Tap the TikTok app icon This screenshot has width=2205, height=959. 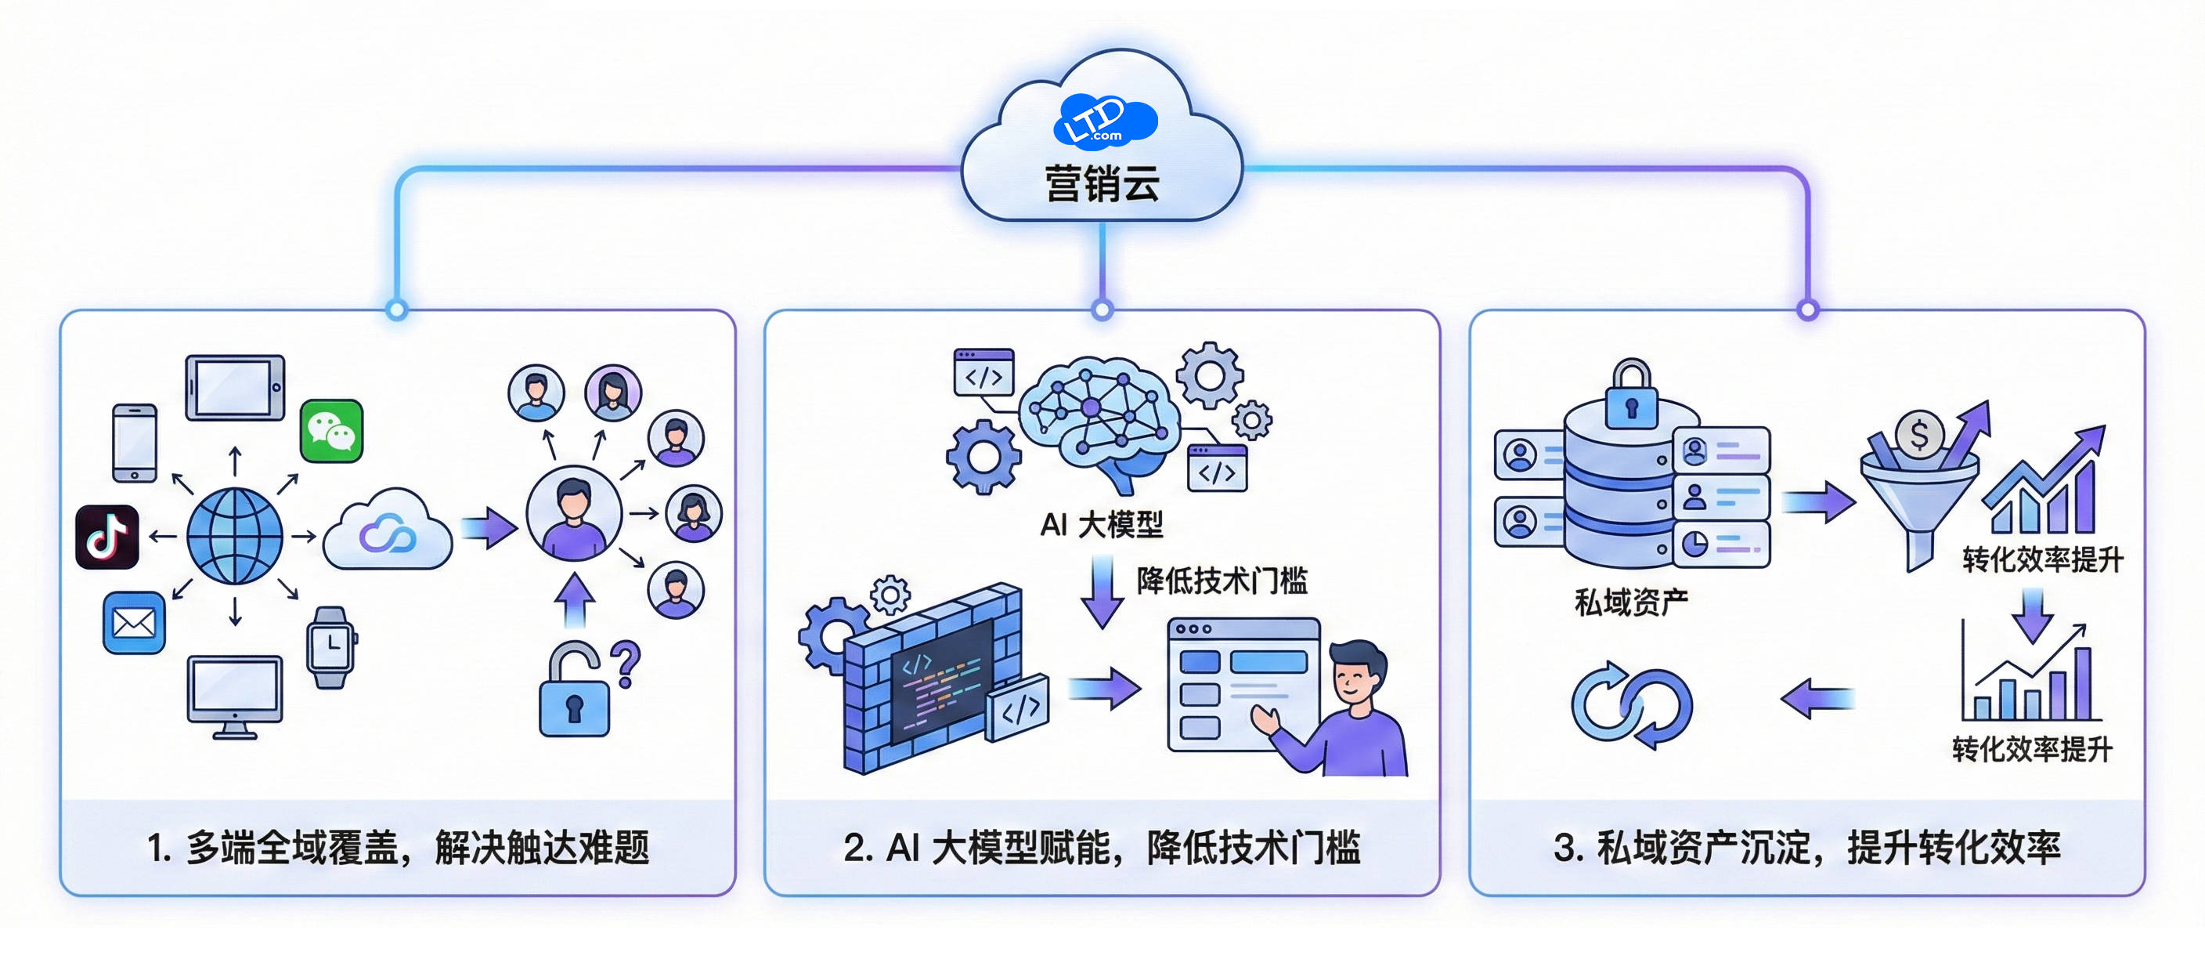[107, 537]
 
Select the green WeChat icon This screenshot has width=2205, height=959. [332, 431]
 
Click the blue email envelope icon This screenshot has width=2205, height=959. [135, 623]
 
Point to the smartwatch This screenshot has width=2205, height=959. [330, 647]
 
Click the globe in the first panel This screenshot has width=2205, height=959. [235, 536]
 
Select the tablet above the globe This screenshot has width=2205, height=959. [236, 388]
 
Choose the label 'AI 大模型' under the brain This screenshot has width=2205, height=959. [1102, 524]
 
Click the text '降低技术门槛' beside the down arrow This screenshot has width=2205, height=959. [1222, 581]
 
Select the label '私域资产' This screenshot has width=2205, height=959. [1630, 602]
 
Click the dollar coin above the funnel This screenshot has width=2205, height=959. [1919, 435]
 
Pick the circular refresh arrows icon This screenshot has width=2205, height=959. [1632, 704]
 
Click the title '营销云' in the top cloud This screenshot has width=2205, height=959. [1102, 183]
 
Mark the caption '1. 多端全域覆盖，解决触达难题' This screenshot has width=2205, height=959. [398, 848]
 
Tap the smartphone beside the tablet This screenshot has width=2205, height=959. [135, 443]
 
